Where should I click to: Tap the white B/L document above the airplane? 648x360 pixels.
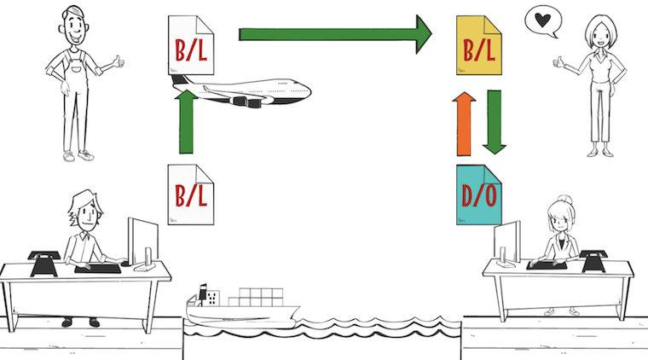191,46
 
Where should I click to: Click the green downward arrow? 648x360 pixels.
493,120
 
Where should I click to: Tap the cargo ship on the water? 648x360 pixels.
239,312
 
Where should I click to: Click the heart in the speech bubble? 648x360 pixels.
539,21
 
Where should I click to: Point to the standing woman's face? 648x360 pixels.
592,33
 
